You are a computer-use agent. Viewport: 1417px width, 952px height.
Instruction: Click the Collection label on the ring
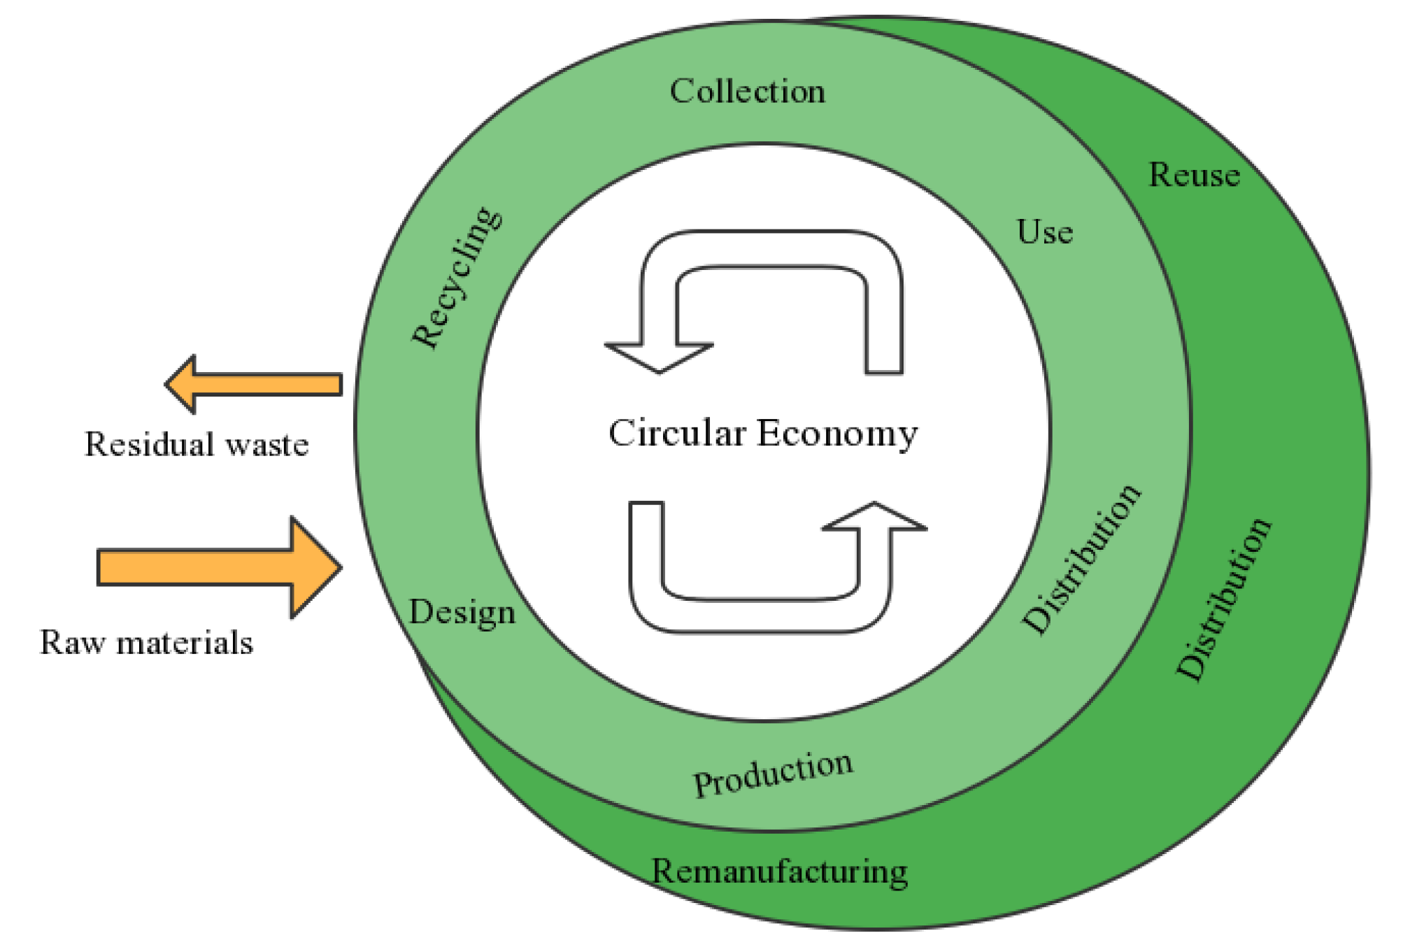point(747,92)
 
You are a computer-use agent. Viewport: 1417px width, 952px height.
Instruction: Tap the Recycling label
point(456,278)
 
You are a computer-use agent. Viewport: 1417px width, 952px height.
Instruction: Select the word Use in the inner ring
point(1044,232)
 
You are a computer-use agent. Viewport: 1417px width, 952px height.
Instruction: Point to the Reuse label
point(1194,175)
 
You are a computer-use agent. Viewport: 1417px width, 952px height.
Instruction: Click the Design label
point(462,613)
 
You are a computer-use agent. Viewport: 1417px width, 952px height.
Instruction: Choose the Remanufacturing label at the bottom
point(779,872)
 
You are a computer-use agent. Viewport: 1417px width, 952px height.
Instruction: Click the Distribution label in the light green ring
point(1081,560)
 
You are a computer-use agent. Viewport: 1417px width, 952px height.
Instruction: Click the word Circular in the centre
point(676,433)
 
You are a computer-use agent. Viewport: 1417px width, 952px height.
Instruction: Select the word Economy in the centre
point(837,434)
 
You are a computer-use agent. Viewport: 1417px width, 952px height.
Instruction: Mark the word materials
point(185,642)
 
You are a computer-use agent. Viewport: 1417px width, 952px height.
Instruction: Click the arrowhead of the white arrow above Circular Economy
point(659,357)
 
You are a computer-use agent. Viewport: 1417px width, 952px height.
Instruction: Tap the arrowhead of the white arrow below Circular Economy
point(874,518)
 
